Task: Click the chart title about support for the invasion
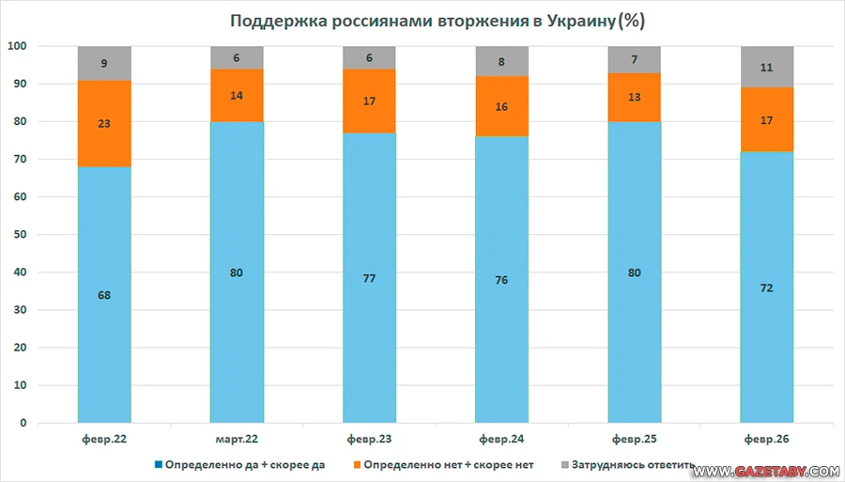click(x=424, y=20)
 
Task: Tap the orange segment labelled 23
click(x=104, y=124)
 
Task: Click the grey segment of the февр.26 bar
click(x=767, y=67)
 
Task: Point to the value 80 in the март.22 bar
click(x=237, y=272)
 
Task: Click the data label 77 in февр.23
click(x=369, y=278)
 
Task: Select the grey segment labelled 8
click(x=502, y=61)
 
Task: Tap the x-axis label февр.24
click(x=501, y=439)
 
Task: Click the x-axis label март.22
click(x=237, y=439)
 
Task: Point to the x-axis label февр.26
click(x=767, y=439)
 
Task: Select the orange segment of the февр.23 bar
click(x=369, y=101)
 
